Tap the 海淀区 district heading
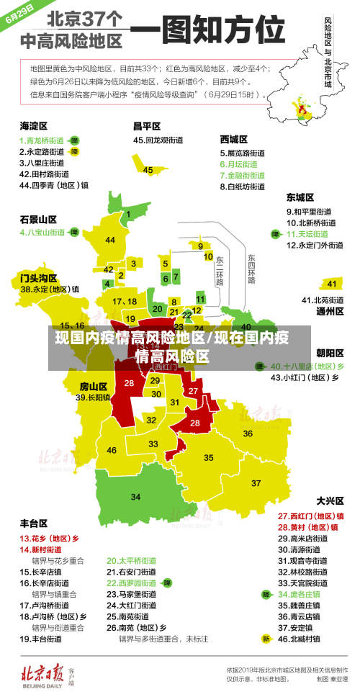click(34, 125)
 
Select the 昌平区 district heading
click(147, 125)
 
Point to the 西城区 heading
click(234, 139)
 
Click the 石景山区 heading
click(38, 219)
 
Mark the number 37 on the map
click(256, 482)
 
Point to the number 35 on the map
click(209, 457)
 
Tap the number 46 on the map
click(112, 450)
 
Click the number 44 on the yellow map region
click(110, 240)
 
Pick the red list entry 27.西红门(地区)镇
click(311, 516)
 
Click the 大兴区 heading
click(330, 500)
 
